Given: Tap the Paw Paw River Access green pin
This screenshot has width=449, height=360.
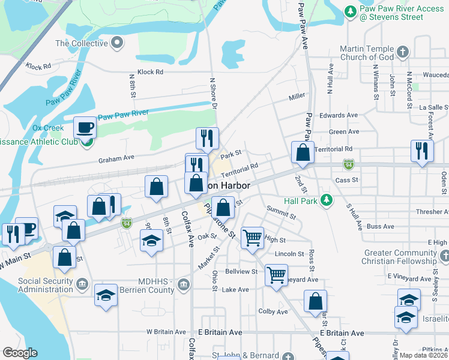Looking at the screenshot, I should pos(351,11).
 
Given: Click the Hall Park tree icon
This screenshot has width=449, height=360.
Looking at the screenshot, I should pos(327,200).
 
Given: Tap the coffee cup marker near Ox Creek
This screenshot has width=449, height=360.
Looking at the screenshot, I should pos(85,128).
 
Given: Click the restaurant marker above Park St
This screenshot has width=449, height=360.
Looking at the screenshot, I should pos(207,139).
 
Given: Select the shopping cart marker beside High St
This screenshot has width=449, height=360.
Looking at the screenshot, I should pos(252,238).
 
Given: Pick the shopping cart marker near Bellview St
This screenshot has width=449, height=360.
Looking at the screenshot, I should pos(276,276).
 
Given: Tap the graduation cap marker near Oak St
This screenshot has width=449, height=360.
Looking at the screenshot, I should pos(151,242).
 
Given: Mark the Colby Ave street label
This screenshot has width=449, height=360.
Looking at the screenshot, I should pos(273,311).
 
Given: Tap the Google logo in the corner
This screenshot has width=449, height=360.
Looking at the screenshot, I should pos(20,353).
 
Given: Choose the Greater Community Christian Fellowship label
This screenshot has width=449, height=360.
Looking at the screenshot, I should pos(399,257).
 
